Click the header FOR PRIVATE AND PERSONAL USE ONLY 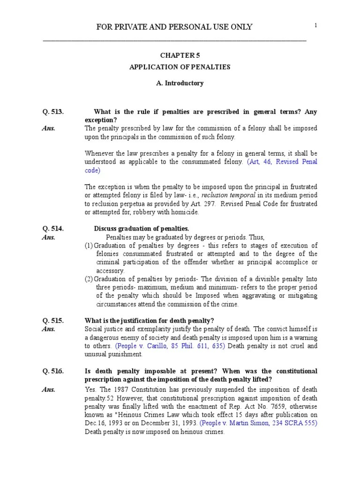[x=174, y=27]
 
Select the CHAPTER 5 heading [x=180, y=55]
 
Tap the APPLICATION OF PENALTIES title [x=180, y=67]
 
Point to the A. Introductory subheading [x=180, y=83]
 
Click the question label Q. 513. [x=52, y=112]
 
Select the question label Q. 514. [x=52, y=229]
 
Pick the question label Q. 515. [x=52, y=321]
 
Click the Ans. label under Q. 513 [x=49, y=128]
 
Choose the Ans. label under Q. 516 [x=49, y=389]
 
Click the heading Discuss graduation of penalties [x=142, y=229]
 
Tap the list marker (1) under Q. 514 [x=89, y=246]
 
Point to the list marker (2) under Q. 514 [x=89, y=279]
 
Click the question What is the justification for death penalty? [x=149, y=321]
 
